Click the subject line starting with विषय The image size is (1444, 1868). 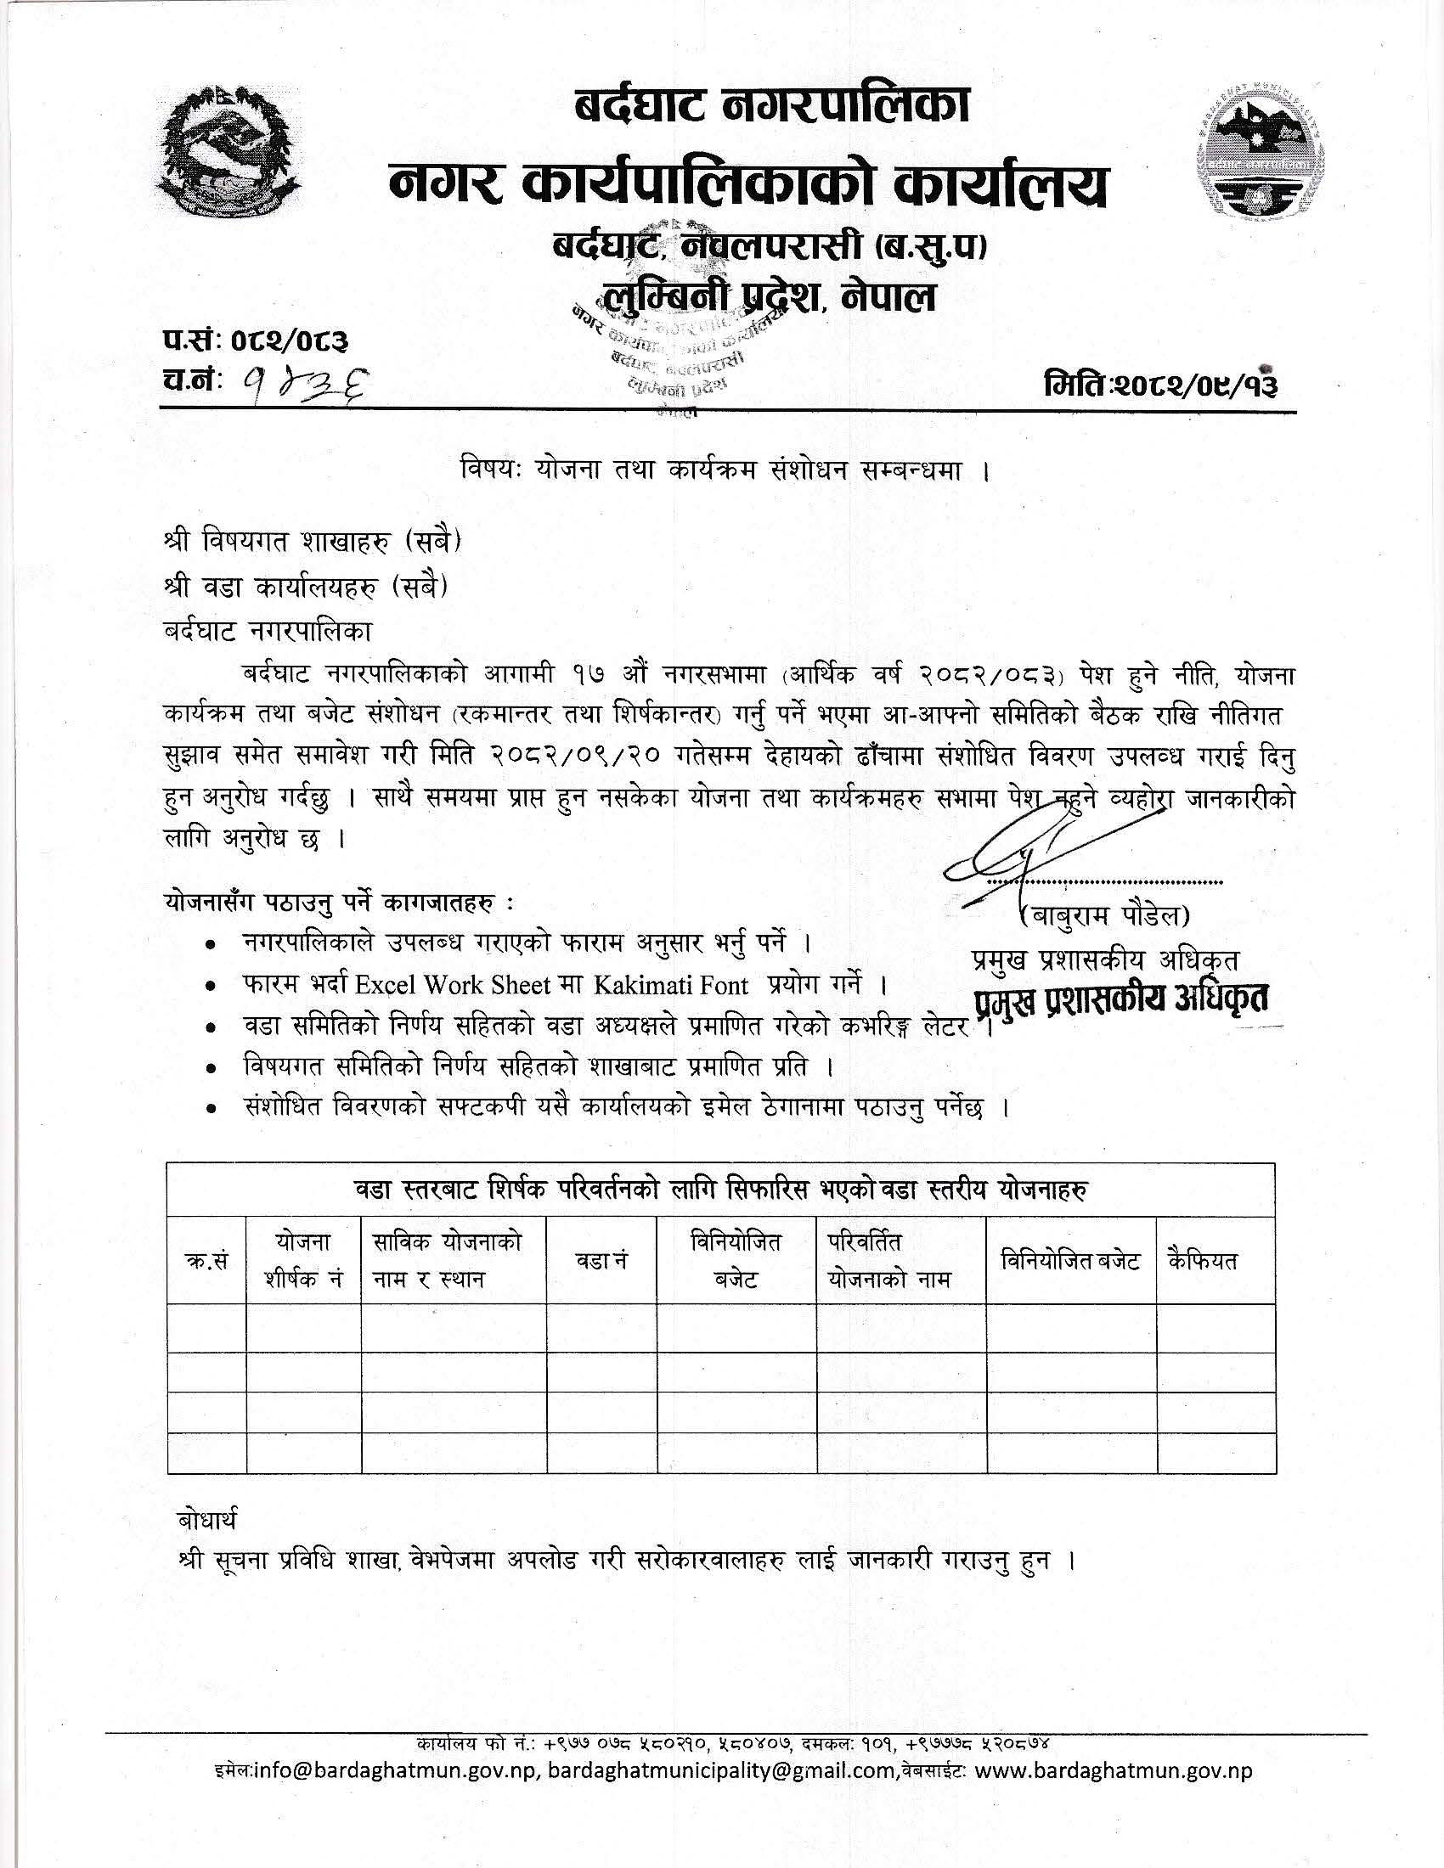tap(721, 471)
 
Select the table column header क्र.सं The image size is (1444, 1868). tap(206, 1262)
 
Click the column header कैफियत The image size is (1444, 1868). tap(1203, 1261)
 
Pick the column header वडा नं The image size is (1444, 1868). tap(601, 1261)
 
